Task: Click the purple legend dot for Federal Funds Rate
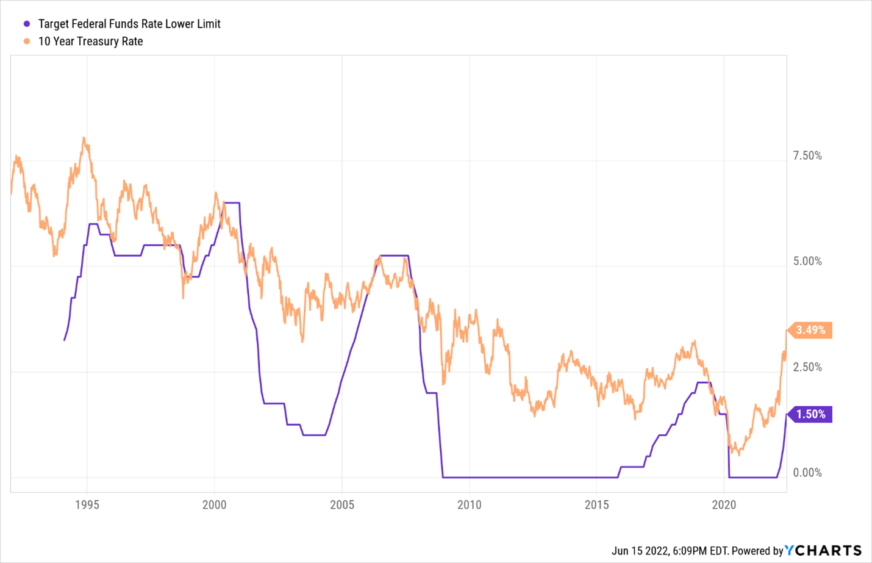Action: [x=27, y=24]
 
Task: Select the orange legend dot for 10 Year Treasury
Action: [x=27, y=41]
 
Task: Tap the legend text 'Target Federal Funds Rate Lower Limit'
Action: [x=129, y=24]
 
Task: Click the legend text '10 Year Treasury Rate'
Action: [x=90, y=41]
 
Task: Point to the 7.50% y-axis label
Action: [x=807, y=156]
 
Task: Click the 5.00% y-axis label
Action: [x=807, y=262]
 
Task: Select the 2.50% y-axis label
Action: [x=807, y=367]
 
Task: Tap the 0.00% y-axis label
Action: [x=807, y=473]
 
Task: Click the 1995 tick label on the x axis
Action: [x=87, y=505]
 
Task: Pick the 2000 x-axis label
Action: [x=214, y=505]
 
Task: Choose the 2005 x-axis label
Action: [x=342, y=505]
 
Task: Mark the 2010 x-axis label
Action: [x=470, y=505]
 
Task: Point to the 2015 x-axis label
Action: [x=596, y=505]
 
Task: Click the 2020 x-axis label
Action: [x=724, y=505]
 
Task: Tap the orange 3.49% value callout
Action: [x=810, y=330]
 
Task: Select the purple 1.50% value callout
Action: [x=810, y=414]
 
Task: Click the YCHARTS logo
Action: [x=823, y=550]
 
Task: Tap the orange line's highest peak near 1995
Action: [x=84, y=138]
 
